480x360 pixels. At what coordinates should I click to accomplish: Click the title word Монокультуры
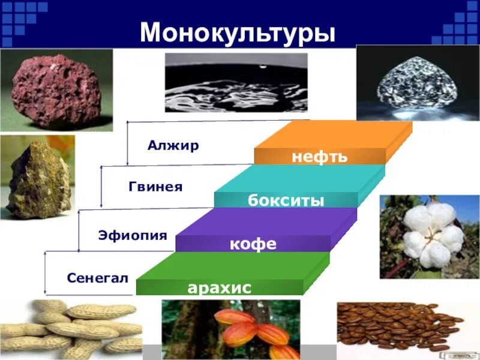click(x=238, y=34)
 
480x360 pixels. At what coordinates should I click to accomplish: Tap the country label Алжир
click(x=173, y=146)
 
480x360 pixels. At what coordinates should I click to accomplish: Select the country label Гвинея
click(x=155, y=187)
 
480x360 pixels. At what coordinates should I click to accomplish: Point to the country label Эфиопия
click(x=133, y=235)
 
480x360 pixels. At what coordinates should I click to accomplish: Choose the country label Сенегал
click(x=98, y=278)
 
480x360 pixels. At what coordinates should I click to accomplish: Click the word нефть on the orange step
click(x=319, y=157)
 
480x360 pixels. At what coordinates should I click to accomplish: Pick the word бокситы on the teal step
click(x=286, y=200)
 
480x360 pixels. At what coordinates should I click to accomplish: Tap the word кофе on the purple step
click(x=253, y=244)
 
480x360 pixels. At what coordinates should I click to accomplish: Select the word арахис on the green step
click(x=219, y=288)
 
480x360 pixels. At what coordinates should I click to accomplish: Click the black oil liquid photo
click(x=236, y=82)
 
